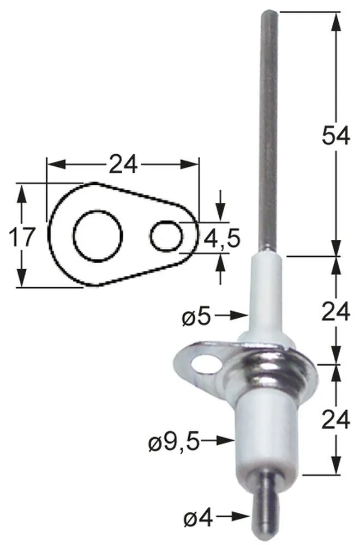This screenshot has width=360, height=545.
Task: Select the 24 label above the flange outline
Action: [123, 164]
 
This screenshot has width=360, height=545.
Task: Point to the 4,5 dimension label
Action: [221, 238]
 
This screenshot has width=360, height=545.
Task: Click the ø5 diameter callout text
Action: [196, 316]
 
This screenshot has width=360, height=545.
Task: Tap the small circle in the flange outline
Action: [165, 236]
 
